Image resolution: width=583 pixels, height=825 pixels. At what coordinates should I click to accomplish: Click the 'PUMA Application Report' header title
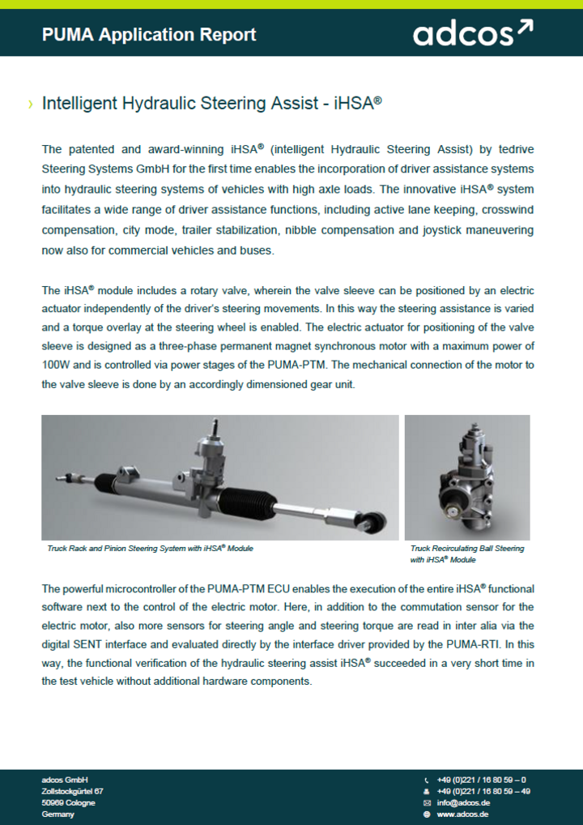[x=149, y=34]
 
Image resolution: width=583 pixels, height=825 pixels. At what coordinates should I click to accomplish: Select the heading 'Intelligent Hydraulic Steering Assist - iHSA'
[x=211, y=104]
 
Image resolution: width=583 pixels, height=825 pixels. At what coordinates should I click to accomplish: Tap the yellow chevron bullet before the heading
[x=30, y=105]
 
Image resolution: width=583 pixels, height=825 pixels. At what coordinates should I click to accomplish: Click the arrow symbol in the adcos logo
[x=525, y=29]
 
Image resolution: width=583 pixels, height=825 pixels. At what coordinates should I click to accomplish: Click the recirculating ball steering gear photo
[x=467, y=477]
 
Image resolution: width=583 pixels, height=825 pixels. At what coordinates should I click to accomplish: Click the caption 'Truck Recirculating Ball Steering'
[x=467, y=549]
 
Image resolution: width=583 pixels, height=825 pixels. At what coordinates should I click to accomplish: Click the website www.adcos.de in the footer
[x=462, y=814]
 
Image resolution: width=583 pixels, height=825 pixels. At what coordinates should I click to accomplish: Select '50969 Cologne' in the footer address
[x=68, y=802]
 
